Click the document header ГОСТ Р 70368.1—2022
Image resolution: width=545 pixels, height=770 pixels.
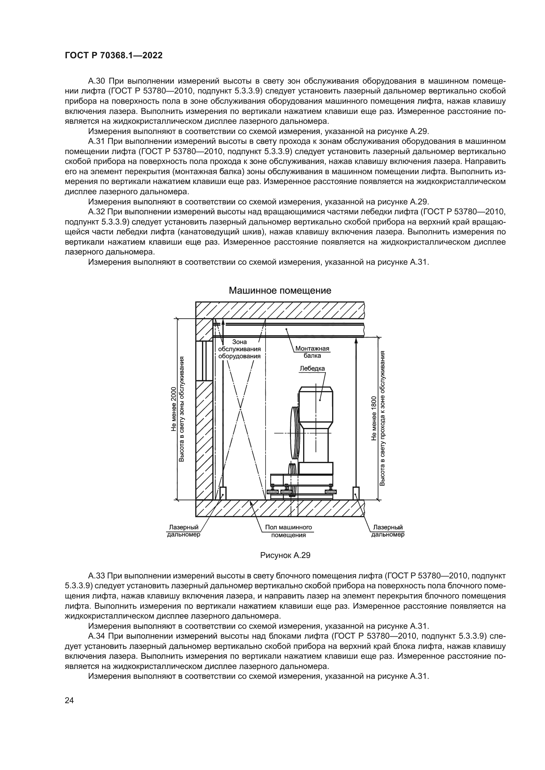tap(113, 56)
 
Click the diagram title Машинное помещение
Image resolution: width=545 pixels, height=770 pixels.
tap(280, 290)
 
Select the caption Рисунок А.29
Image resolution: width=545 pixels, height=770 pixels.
tap(285, 555)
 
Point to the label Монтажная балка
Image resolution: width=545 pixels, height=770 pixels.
tap(312, 352)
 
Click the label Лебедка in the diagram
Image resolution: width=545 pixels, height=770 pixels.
tap(312, 368)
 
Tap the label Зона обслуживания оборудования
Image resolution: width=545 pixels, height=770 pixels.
tap(239, 349)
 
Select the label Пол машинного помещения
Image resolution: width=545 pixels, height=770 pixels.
tap(288, 531)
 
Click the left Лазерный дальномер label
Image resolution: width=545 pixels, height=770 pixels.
tap(184, 531)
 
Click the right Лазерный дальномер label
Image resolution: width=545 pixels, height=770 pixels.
tap(387, 531)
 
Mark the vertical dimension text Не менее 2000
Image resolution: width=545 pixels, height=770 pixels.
tap(174, 409)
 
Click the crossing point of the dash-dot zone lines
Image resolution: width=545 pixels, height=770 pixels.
tap(240, 409)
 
